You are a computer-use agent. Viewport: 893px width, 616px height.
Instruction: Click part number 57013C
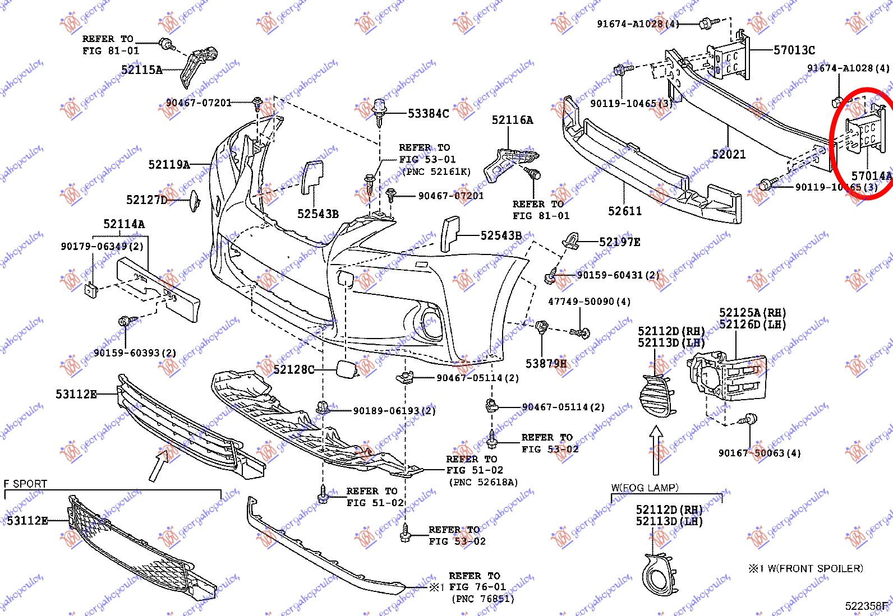tap(794, 50)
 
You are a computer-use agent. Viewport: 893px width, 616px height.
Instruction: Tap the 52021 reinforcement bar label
tap(729, 154)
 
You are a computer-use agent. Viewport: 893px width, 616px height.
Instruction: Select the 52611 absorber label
tap(625, 211)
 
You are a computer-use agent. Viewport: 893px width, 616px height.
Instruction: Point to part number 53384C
tap(428, 114)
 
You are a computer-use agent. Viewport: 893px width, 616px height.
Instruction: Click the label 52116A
tap(512, 120)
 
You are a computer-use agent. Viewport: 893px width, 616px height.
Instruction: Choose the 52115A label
tap(141, 70)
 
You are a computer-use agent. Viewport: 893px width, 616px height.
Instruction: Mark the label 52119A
tap(169, 164)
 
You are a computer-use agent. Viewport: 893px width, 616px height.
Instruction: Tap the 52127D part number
tap(146, 200)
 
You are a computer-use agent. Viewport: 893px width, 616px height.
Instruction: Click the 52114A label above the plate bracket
tap(123, 224)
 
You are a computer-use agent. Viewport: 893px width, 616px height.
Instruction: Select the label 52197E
tap(619, 242)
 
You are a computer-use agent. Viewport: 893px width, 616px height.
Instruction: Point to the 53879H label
tap(546, 364)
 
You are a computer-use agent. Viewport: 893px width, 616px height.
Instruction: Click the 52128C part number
tap(294, 369)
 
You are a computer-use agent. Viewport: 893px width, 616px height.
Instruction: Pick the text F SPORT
tap(25, 483)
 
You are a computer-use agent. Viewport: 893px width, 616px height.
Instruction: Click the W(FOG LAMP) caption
tap(645, 488)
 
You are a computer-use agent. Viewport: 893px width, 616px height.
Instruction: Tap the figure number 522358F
tap(867, 606)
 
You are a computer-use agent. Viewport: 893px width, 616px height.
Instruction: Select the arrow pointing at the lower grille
tap(159, 466)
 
